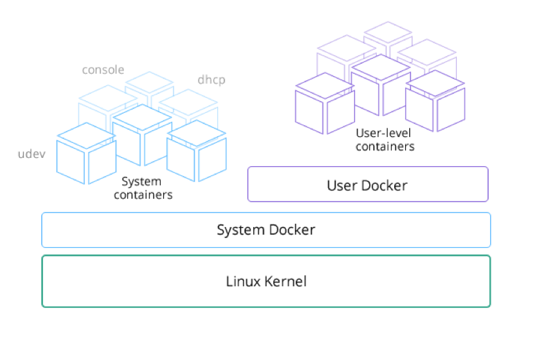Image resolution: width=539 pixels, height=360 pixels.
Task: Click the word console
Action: [x=103, y=70]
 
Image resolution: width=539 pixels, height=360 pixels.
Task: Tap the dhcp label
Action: [x=211, y=81]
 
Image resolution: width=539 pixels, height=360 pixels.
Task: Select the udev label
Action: [x=31, y=154]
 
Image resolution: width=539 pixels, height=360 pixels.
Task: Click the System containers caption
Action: [x=142, y=188]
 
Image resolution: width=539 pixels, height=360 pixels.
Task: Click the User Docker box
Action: [x=367, y=185]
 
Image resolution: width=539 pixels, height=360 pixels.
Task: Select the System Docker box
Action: [x=266, y=230]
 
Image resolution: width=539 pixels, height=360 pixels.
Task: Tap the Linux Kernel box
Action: [x=266, y=282]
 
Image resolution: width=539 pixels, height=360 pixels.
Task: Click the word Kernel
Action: [x=285, y=282]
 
